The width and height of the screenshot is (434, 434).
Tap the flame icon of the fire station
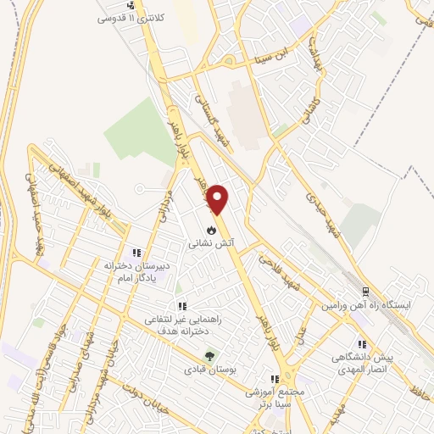211,229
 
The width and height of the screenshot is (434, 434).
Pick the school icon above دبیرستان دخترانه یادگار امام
136,253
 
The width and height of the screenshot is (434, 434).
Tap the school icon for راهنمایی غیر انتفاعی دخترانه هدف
181,306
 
